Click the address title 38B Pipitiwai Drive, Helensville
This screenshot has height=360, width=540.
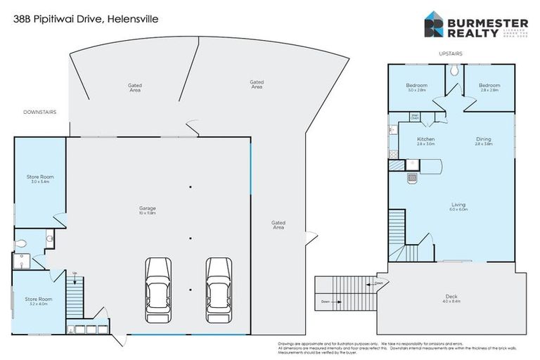pyautogui.click(x=86, y=19)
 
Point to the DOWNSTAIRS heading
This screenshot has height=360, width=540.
pyautogui.click(x=39, y=112)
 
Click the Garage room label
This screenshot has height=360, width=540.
pyautogui.click(x=147, y=210)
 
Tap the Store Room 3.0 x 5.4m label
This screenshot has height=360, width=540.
pyautogui.click(x=39, y=179)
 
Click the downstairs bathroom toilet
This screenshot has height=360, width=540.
pyautogui.click(x=20, y=243)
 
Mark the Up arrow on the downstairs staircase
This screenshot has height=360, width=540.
pyautogui.click(x=75, y=273)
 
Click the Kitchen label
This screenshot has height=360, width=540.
pyautogui.click(x=425, y=141)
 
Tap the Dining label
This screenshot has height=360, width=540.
pyautogui.click(x=483, y=141)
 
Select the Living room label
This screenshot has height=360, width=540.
pyautogui.click(x=458, y=207)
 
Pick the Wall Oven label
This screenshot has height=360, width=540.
pyautogui.click(x=416, y=117)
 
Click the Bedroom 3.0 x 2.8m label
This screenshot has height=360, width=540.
pyautogui.click(x=416, y=88)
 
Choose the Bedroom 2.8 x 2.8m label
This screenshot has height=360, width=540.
pyautogui.click(x=489, y=88)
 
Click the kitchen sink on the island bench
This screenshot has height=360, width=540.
pyautogui.click(x=413, y=179)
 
